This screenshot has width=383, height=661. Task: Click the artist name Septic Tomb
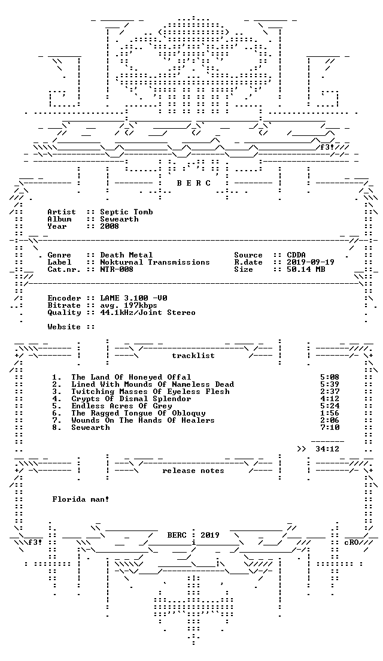pos(126,212)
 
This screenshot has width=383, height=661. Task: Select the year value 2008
pos(110,226)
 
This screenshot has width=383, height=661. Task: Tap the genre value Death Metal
pos(126,255)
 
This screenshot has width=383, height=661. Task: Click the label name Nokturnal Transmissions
pos(155,262)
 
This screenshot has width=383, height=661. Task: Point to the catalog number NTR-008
pos(117,269)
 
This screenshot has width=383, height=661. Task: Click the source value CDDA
pos(296,255)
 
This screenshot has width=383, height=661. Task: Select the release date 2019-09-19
pos(311,262)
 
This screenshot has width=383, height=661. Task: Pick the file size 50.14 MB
pos(306,269)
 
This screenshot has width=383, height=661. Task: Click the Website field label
pos(64,327)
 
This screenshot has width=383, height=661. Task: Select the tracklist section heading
pos(193,356)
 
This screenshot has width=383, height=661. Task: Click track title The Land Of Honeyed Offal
pos(131,377)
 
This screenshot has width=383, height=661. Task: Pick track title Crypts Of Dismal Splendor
pos(131,399)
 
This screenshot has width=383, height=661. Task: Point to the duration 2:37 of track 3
pos(330,392)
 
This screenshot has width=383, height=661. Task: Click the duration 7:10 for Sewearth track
pos(330,427)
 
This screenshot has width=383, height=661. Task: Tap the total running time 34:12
pos(327,450)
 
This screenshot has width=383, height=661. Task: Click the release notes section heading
pos(193,471)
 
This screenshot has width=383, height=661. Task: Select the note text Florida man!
pos(81,499)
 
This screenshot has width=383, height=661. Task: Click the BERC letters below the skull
pos(193,183)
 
